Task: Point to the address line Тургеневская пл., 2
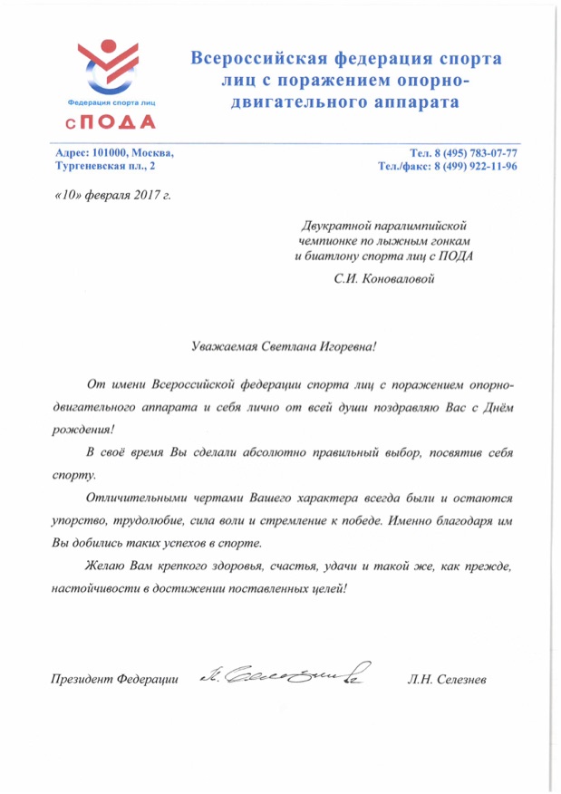pyautogui.click(x=104, y=167)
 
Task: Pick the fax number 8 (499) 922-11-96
pyautogui.click(x=475, y=167)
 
